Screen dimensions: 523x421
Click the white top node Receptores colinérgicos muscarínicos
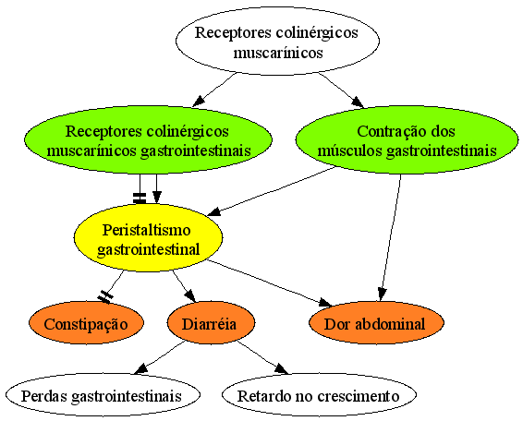pos(277,41)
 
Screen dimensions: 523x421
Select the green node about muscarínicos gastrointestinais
pos(148,140)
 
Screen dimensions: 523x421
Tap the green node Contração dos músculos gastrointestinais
pos(407,140)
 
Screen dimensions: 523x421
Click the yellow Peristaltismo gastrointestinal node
pos(148,237)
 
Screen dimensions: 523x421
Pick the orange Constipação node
pos(86,322)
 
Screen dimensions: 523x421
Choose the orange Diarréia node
pos(211,322)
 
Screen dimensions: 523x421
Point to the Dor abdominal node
pos(376,322)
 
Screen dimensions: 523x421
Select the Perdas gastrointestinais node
pos(103,394)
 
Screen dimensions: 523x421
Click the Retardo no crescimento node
pos(319,394)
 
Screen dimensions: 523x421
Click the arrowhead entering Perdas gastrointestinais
pos(140,368)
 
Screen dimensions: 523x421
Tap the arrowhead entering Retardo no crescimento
pos(282,368)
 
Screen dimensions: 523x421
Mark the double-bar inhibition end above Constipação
pos(105,296)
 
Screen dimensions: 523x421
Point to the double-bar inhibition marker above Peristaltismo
pos(140,198)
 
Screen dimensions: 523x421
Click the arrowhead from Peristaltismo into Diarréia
pos(190,296)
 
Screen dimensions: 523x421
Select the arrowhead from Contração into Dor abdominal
pos(383,295)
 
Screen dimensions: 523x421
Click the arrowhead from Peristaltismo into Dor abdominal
pos(325,303)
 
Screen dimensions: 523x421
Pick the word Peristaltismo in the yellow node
pos(146,230)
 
